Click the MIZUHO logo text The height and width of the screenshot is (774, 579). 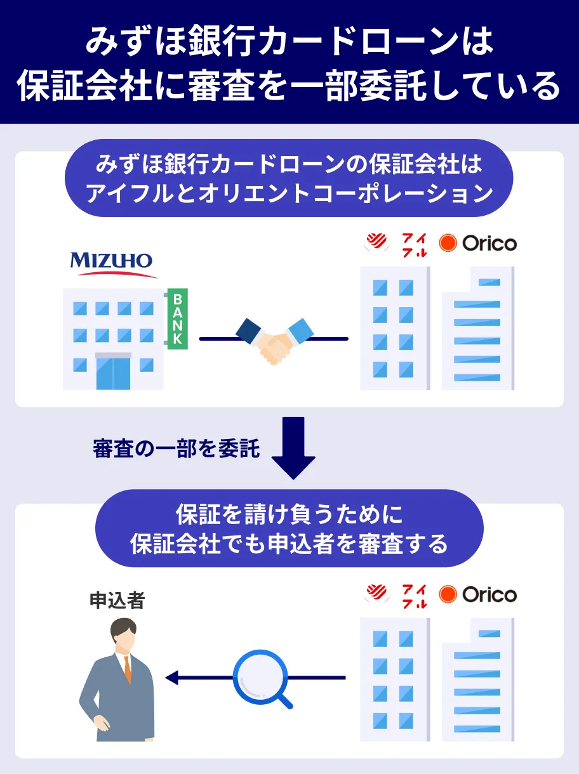[x=111, y=260]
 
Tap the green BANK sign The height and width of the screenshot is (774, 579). [x=177, y=318]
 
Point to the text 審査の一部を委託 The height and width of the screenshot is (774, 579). [x=176, y=449]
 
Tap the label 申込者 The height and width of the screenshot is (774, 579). [x=117, y=601]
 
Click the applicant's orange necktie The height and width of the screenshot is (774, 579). [x=127, y=669]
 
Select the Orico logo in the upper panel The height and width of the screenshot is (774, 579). [x=478, y=243]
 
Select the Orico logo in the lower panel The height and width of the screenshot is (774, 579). [x=478, y=594]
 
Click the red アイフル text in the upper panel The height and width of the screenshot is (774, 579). [x=415, y=244]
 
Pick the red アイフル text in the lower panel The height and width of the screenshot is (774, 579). [x=415, y=595]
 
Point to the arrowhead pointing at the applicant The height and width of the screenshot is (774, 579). [x=172, y=678]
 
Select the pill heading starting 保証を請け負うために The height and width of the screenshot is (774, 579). [x=289, y=528]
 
